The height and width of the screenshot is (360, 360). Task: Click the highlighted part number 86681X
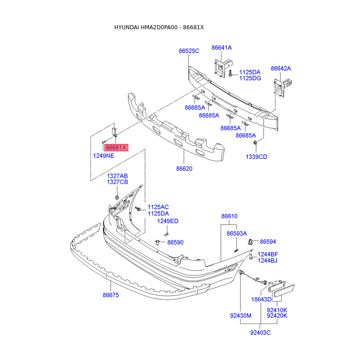[x=116, y=147]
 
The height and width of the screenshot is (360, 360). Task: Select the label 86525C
[x=189, y=51]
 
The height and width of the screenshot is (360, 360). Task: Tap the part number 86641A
[x=222, y=47]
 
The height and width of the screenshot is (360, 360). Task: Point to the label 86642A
[x=281, y=68]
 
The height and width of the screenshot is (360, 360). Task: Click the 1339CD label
[x=256, y=157]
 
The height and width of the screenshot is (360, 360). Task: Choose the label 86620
[x=184, y=169]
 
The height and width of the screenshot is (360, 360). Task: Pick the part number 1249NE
[x=103, y=156]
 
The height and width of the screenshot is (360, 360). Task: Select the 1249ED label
[x=167, y=221]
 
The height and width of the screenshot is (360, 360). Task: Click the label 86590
[x=175, y=242]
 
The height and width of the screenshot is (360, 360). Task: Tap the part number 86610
[x=229, y=216]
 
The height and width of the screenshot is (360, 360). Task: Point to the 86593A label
[x=237, y=234]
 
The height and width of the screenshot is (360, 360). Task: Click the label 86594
[x=268, y=242]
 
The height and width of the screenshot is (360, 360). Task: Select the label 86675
[x=111, y=295]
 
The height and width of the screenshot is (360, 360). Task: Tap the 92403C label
[x=261, y=333]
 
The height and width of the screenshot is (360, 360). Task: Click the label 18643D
[x=261, y=299]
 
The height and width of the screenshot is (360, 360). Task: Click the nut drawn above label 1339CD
[x=255, y=143]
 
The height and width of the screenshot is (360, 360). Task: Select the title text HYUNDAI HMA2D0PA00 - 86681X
[x=159, y=27]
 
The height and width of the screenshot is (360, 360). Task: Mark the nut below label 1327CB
[x=117, y=197]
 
